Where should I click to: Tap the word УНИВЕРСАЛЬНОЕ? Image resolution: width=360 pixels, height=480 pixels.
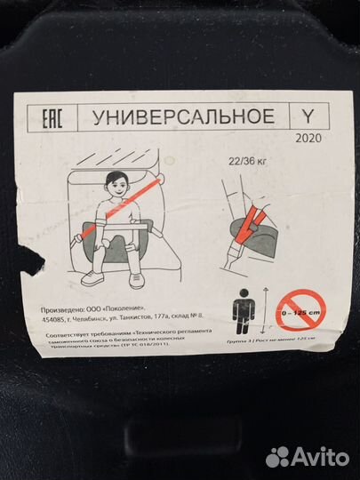(174, 117)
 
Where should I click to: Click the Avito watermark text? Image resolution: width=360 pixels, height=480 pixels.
(316, 457)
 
